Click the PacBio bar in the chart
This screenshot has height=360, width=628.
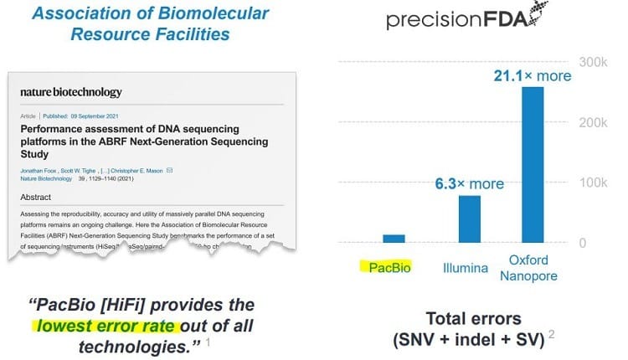[x=394, y=239]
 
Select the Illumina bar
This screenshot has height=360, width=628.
[x=469, y=219]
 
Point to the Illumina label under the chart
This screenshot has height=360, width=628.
[x=468, y=269]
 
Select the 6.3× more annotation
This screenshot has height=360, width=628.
[x=469, y=183]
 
